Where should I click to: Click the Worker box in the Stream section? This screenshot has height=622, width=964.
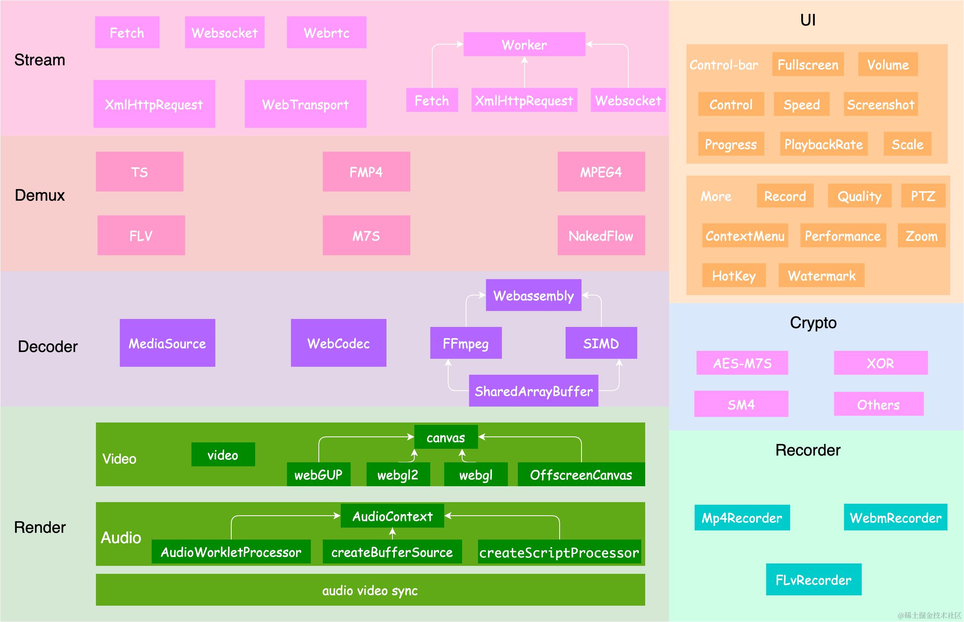(x=524, y=44)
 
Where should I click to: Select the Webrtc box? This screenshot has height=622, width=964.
(x=327, y=32)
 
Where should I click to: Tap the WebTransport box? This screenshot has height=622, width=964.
(x=306, y=104)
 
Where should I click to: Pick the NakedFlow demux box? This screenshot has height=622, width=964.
(x=601, y=235)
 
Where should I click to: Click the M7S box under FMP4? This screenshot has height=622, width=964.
(x=366, y=235)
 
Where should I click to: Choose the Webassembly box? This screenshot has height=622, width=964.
(x=533, y=295)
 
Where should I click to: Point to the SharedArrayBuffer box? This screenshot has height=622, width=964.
(x=533, y=391)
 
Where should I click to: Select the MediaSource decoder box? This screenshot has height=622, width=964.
(x=168, y=343)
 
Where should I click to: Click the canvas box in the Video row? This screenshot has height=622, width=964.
(x=446, y=436)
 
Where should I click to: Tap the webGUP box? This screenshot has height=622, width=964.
(x=318, y=474)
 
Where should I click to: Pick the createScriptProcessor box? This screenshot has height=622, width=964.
(x=559, y=552)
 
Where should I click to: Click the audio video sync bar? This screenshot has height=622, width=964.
(x=370, y=590)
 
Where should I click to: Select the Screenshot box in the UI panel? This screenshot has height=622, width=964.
(x=880, y=104)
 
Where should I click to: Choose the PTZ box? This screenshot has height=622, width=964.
(x=923, y=196)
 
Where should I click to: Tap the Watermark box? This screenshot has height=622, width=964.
(x=822, y=275)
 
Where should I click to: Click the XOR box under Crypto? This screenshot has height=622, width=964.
(x=881, y=363)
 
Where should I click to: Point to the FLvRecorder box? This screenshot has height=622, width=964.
(x=814, y=579)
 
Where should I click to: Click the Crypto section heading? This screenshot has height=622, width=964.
(x=813, y=322)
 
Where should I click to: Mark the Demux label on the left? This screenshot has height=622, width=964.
(x=39, y=195)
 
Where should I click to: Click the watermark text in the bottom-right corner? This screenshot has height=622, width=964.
(x=929, y=615)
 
